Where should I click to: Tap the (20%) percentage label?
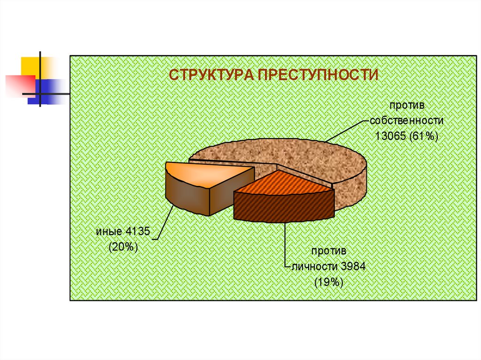pyautogui.click(x=123, y=247)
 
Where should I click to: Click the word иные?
pyautogui.click(x=109, y=231)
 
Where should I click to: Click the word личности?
pyautogui.click(x=315, y=267)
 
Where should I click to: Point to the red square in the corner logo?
pyautogui.click(x=19, y=85)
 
